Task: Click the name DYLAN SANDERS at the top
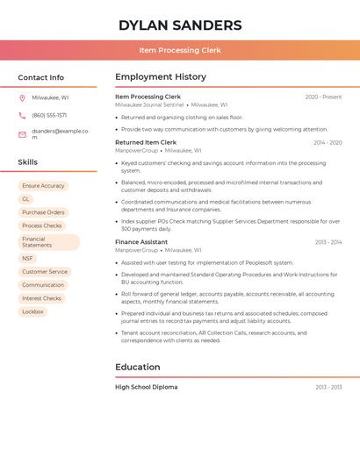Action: coord(180,25)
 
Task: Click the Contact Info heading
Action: coord(40,77)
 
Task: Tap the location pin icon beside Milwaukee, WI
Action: coord(22,97)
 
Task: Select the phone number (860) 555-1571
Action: coord(49,115)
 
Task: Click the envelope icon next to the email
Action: coord(22,134)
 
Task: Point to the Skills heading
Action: coord(28,162)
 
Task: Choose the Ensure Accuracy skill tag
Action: coord(43,186)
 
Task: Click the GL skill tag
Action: coord(26,199)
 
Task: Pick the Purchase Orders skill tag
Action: coord(43,212)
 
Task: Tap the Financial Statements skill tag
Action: coord(48,242)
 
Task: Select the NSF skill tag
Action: coord(28,259)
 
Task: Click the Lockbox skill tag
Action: coord(32,311)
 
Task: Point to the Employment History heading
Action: coord(161,77)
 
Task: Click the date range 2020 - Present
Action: coord(324,97)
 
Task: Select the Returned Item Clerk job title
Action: coord(146,142)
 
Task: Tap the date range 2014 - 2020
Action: coord(328,142)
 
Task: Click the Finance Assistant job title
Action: coord(141,242)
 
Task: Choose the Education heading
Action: coord(138,367)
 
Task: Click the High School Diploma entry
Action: coord(146,387)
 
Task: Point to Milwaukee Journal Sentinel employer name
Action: coord(149,104)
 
